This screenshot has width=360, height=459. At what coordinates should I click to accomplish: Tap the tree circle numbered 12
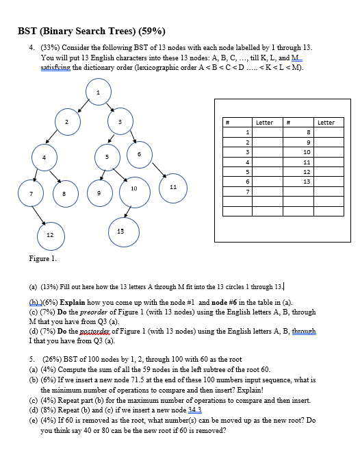49,235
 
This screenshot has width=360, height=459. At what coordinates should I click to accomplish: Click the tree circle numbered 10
134,188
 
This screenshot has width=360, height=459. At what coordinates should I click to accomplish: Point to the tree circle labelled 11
173,186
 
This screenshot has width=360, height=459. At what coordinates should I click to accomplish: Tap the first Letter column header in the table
264,122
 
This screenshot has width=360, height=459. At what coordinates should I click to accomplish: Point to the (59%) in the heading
152,32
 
